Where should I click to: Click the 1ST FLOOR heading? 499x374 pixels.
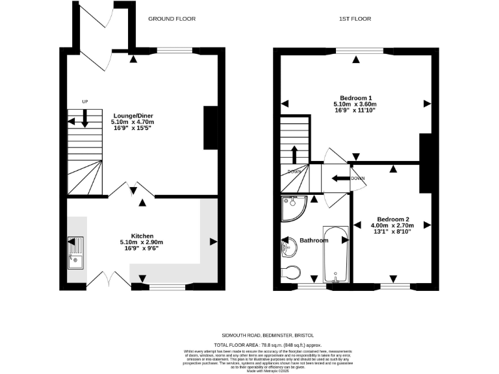(355, 19)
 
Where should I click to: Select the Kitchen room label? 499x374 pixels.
(142, 236)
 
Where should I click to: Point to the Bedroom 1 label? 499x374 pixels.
(355, 97)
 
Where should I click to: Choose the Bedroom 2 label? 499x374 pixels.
(393, 219)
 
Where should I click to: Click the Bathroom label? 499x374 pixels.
(314, 240)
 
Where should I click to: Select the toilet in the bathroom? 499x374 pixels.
(291, 271)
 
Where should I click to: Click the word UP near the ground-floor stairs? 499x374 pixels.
(84, 102)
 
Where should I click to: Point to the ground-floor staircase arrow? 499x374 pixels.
(85, 119)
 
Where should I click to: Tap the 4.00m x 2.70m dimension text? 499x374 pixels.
(393, 225)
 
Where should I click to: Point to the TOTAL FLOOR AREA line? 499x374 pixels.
(268, 345)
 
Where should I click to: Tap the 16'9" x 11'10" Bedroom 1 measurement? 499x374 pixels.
(355, 110)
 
